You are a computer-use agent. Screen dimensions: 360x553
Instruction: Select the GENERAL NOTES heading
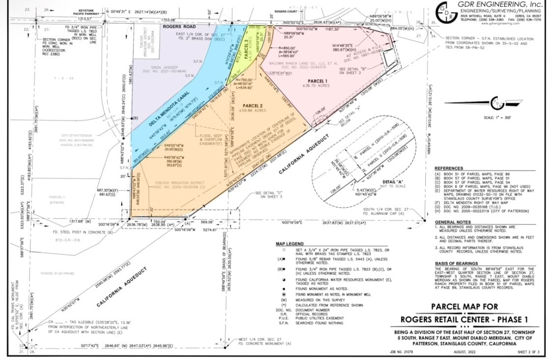click(452, 222)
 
